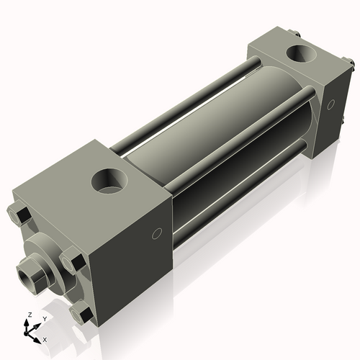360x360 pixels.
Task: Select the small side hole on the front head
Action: point(157,235)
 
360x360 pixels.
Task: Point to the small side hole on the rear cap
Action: point(330,105)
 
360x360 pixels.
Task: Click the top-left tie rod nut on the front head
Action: point(19,214)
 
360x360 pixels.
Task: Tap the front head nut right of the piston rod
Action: point(73,261)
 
